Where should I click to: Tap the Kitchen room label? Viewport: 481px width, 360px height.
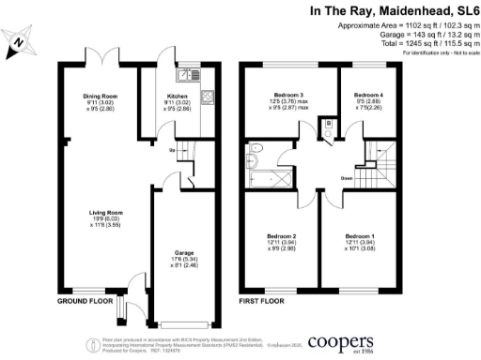(x=177, y=97)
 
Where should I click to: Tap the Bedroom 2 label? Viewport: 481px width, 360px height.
(x=282, y=235)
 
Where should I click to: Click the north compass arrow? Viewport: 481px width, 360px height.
(x=20, y=42)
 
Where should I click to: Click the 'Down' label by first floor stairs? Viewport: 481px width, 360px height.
(x=347, y=178)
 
